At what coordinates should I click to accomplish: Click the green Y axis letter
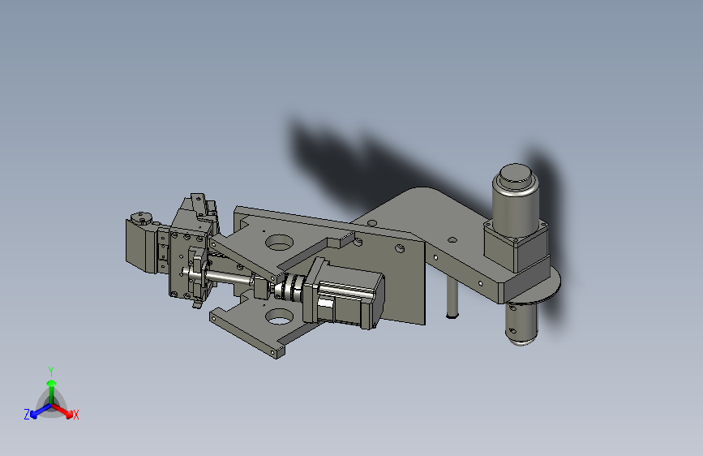point(51,372)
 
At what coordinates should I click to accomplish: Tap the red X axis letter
point(75,415)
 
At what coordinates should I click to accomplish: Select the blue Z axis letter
point(27,415)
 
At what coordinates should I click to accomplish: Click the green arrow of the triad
point(52,389)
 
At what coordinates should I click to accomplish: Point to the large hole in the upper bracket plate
point(279,243)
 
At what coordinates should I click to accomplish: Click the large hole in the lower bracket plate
point(279,317)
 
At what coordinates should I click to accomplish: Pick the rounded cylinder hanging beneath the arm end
point(522,324)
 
